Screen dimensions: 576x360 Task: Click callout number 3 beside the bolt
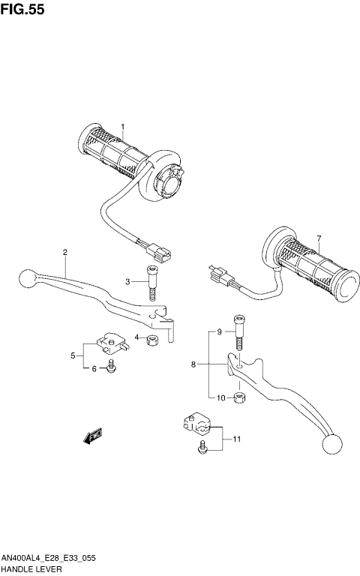128,281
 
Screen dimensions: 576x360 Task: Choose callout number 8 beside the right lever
193,364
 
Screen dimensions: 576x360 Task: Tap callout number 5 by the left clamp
73,355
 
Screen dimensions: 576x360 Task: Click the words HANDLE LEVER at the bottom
27,570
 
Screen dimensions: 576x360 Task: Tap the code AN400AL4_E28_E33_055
48,559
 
